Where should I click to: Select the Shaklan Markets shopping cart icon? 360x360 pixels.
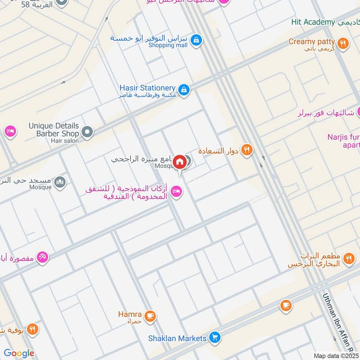215,337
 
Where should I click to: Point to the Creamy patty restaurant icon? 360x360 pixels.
343,43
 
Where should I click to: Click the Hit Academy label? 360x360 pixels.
313,22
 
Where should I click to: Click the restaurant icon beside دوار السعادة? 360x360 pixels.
246,150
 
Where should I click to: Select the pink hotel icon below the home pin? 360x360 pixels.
177,192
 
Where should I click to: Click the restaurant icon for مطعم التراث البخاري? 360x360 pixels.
348,259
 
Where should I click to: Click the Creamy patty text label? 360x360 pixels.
311,41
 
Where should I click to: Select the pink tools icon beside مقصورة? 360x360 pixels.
42,257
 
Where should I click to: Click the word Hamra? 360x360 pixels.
130,314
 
